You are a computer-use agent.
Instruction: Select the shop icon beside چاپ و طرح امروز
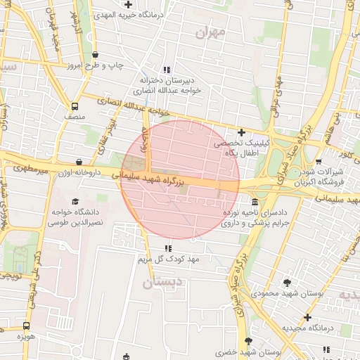tap(96, 55)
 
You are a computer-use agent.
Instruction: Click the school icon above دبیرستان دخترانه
tap(167, 69)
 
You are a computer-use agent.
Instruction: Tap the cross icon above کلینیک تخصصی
tap(242, 131)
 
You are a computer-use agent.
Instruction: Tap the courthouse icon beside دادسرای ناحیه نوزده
tap(254, 202)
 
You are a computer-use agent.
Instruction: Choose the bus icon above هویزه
tap(27, 326)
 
